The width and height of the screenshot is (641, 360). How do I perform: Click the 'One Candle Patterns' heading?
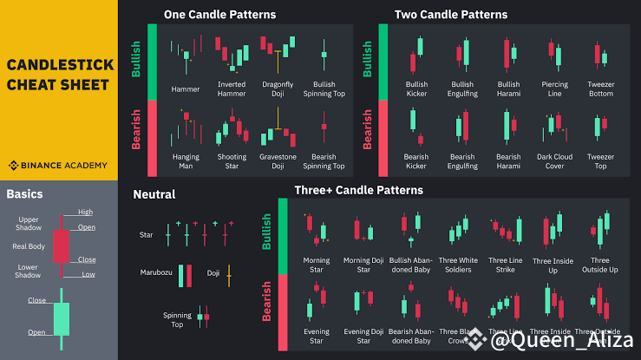219,15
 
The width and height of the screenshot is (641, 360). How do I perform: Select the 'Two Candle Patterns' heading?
451,15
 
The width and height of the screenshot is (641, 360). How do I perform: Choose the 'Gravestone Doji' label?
278,161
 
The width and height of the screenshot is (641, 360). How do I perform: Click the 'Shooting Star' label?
232,161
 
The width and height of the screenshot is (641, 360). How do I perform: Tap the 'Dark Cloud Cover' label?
555,161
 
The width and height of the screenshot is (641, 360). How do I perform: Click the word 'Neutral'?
154,194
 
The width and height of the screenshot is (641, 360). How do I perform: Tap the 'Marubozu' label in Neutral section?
157,272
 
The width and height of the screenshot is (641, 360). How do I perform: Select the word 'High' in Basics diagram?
85,212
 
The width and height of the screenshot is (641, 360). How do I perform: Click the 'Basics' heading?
24,194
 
